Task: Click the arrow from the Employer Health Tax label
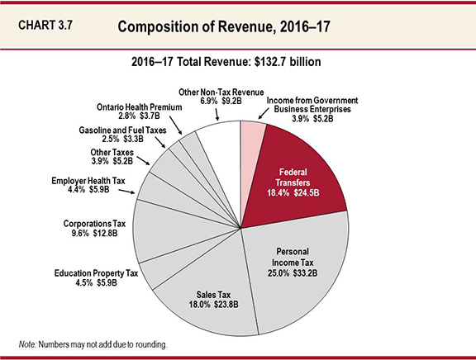[x=127, y=192]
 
